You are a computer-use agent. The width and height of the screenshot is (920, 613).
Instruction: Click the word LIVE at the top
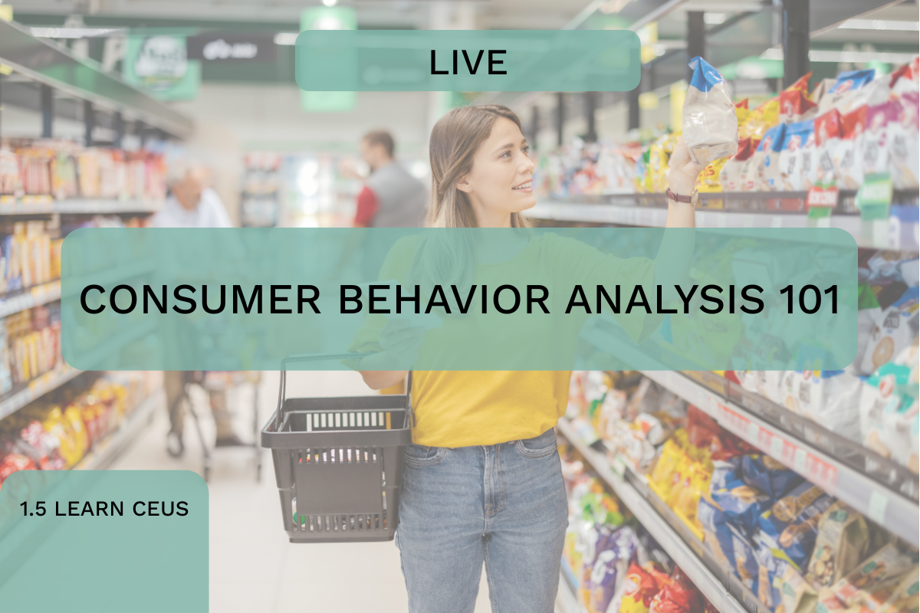click(x=468, y=62)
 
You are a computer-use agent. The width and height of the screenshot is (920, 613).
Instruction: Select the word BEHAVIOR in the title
click(x=444, y=300)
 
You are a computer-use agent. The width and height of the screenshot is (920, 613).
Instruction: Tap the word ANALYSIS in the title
click(x=665, y=300)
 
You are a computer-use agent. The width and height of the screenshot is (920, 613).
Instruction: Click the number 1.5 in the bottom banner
click(x=33, y=509)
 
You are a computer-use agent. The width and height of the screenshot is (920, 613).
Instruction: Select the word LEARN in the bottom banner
click(x=89, y=509)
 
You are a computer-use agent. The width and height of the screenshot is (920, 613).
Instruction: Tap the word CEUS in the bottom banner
click(x=160, y=509)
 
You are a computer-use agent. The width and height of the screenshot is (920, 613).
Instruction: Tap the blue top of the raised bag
click(x=706, y=73)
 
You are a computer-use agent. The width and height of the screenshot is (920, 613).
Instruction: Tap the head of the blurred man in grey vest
click(x=377, y=149)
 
